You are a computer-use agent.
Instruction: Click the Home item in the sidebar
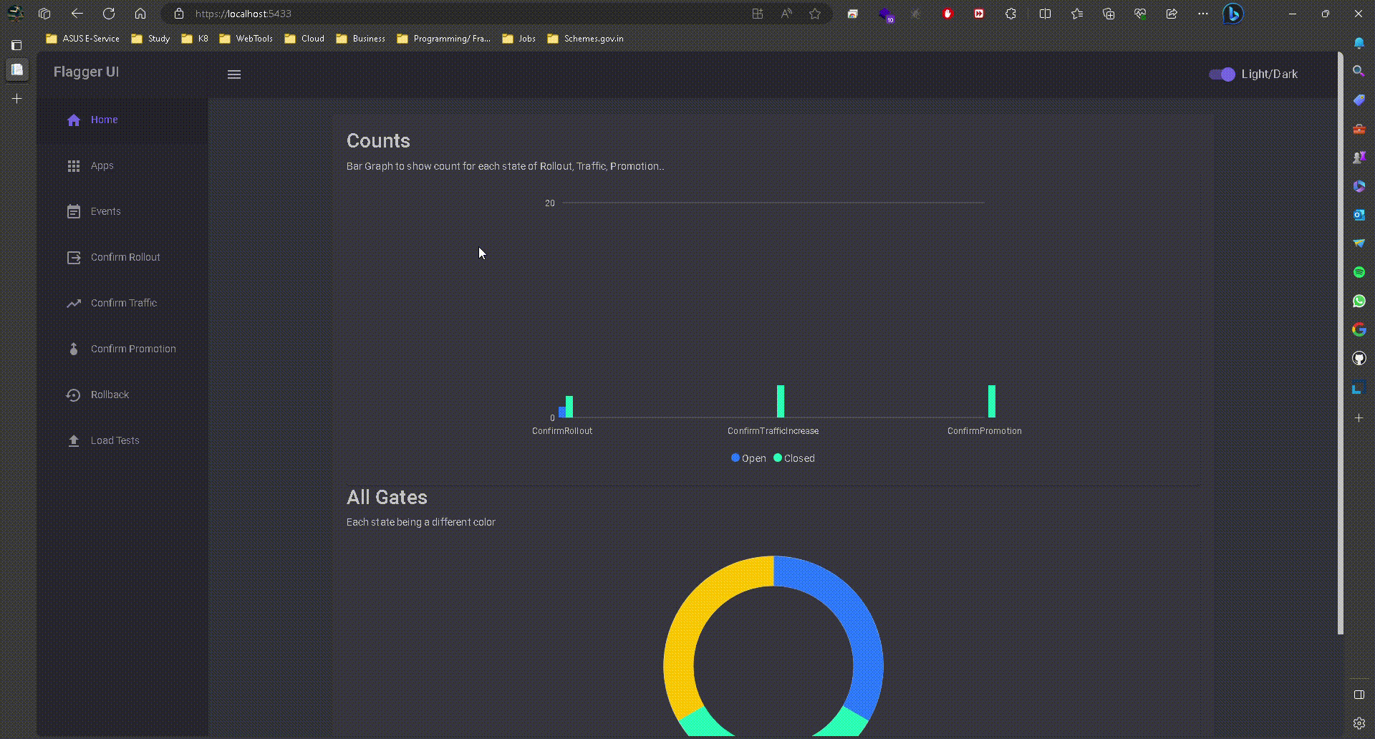click(104, 120)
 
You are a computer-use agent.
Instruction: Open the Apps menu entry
click(102, 165)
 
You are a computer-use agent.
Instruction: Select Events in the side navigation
click(105, 211)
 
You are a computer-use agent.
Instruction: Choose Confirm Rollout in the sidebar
click(125, 257)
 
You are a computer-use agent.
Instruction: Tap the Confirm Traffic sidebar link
click(123, 303)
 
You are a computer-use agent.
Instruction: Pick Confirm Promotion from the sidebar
click(132, 349)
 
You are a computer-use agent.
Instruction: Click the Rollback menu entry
click(110, 395)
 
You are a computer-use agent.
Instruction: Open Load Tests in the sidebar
click(115, 440)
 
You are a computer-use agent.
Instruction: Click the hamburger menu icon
click(234, 74)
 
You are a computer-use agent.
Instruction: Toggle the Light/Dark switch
click(1222, 74)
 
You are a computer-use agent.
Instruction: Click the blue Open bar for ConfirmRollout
click(562, 412)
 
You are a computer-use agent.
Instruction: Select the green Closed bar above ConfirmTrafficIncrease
click(781, 401)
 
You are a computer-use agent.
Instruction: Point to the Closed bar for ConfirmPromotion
click(992, 401)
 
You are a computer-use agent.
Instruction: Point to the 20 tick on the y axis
click(549, 203)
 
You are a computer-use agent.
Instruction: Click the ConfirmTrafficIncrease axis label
click(773, 431)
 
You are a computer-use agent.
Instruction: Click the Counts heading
click(378, 141)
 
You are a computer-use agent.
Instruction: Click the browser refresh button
click(109, 14)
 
